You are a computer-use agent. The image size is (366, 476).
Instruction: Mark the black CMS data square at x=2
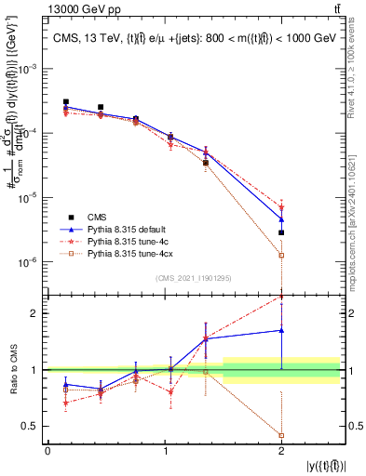(x=281, y=232)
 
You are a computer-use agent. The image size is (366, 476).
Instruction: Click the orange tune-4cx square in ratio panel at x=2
(x=281, y=435)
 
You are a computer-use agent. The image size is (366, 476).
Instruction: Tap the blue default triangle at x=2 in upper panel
(x=281, y=219)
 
